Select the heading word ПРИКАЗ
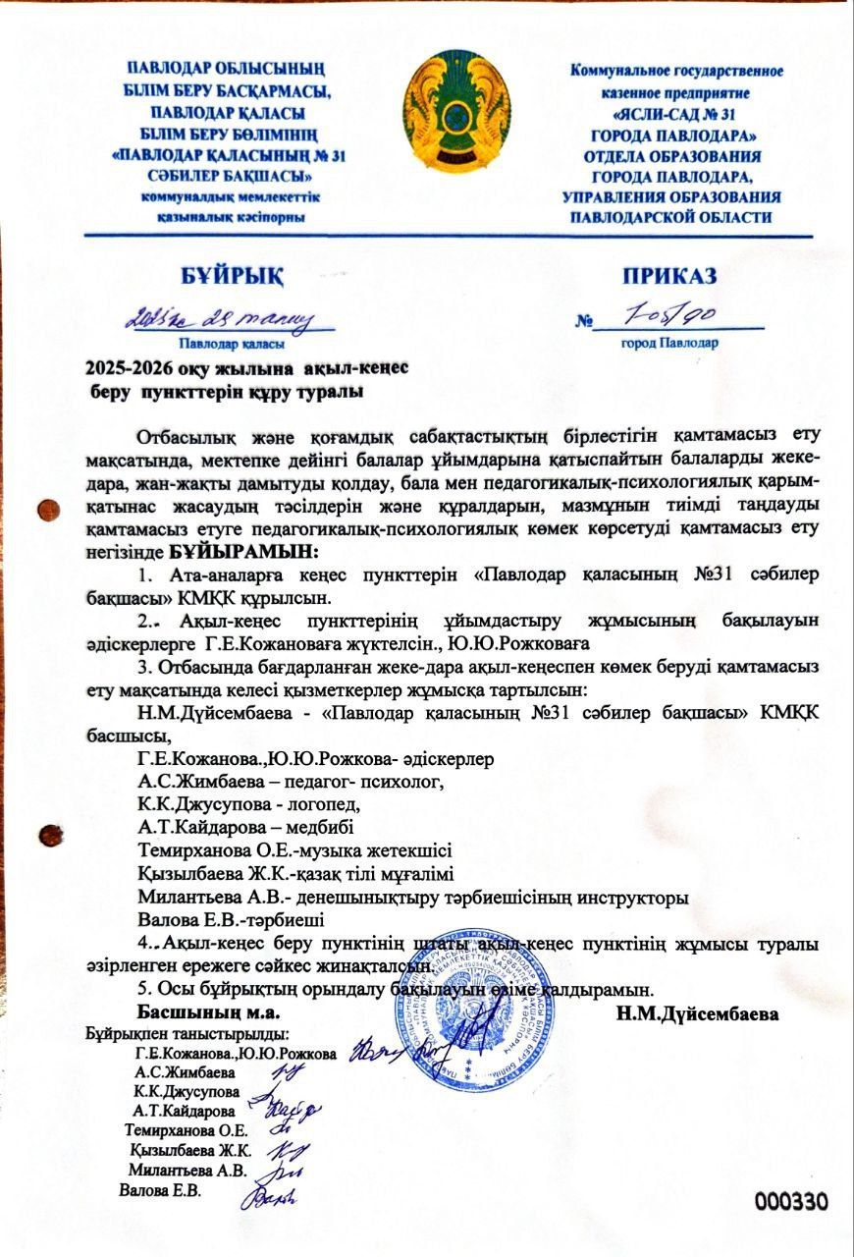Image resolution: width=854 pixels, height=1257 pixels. pyautogui.click(x=668, y=275)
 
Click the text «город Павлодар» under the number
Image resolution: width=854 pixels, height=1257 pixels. pyautogui.click(x=668, y=344)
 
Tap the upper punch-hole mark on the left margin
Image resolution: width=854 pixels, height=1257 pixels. pyautogui.click(x=43, y=509)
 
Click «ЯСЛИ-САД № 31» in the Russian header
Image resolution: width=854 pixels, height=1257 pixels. pyautogui.click(x=671, y=113)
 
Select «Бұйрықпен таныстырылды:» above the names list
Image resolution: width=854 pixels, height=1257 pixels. pyautogui.click(x=187, y=1035)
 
